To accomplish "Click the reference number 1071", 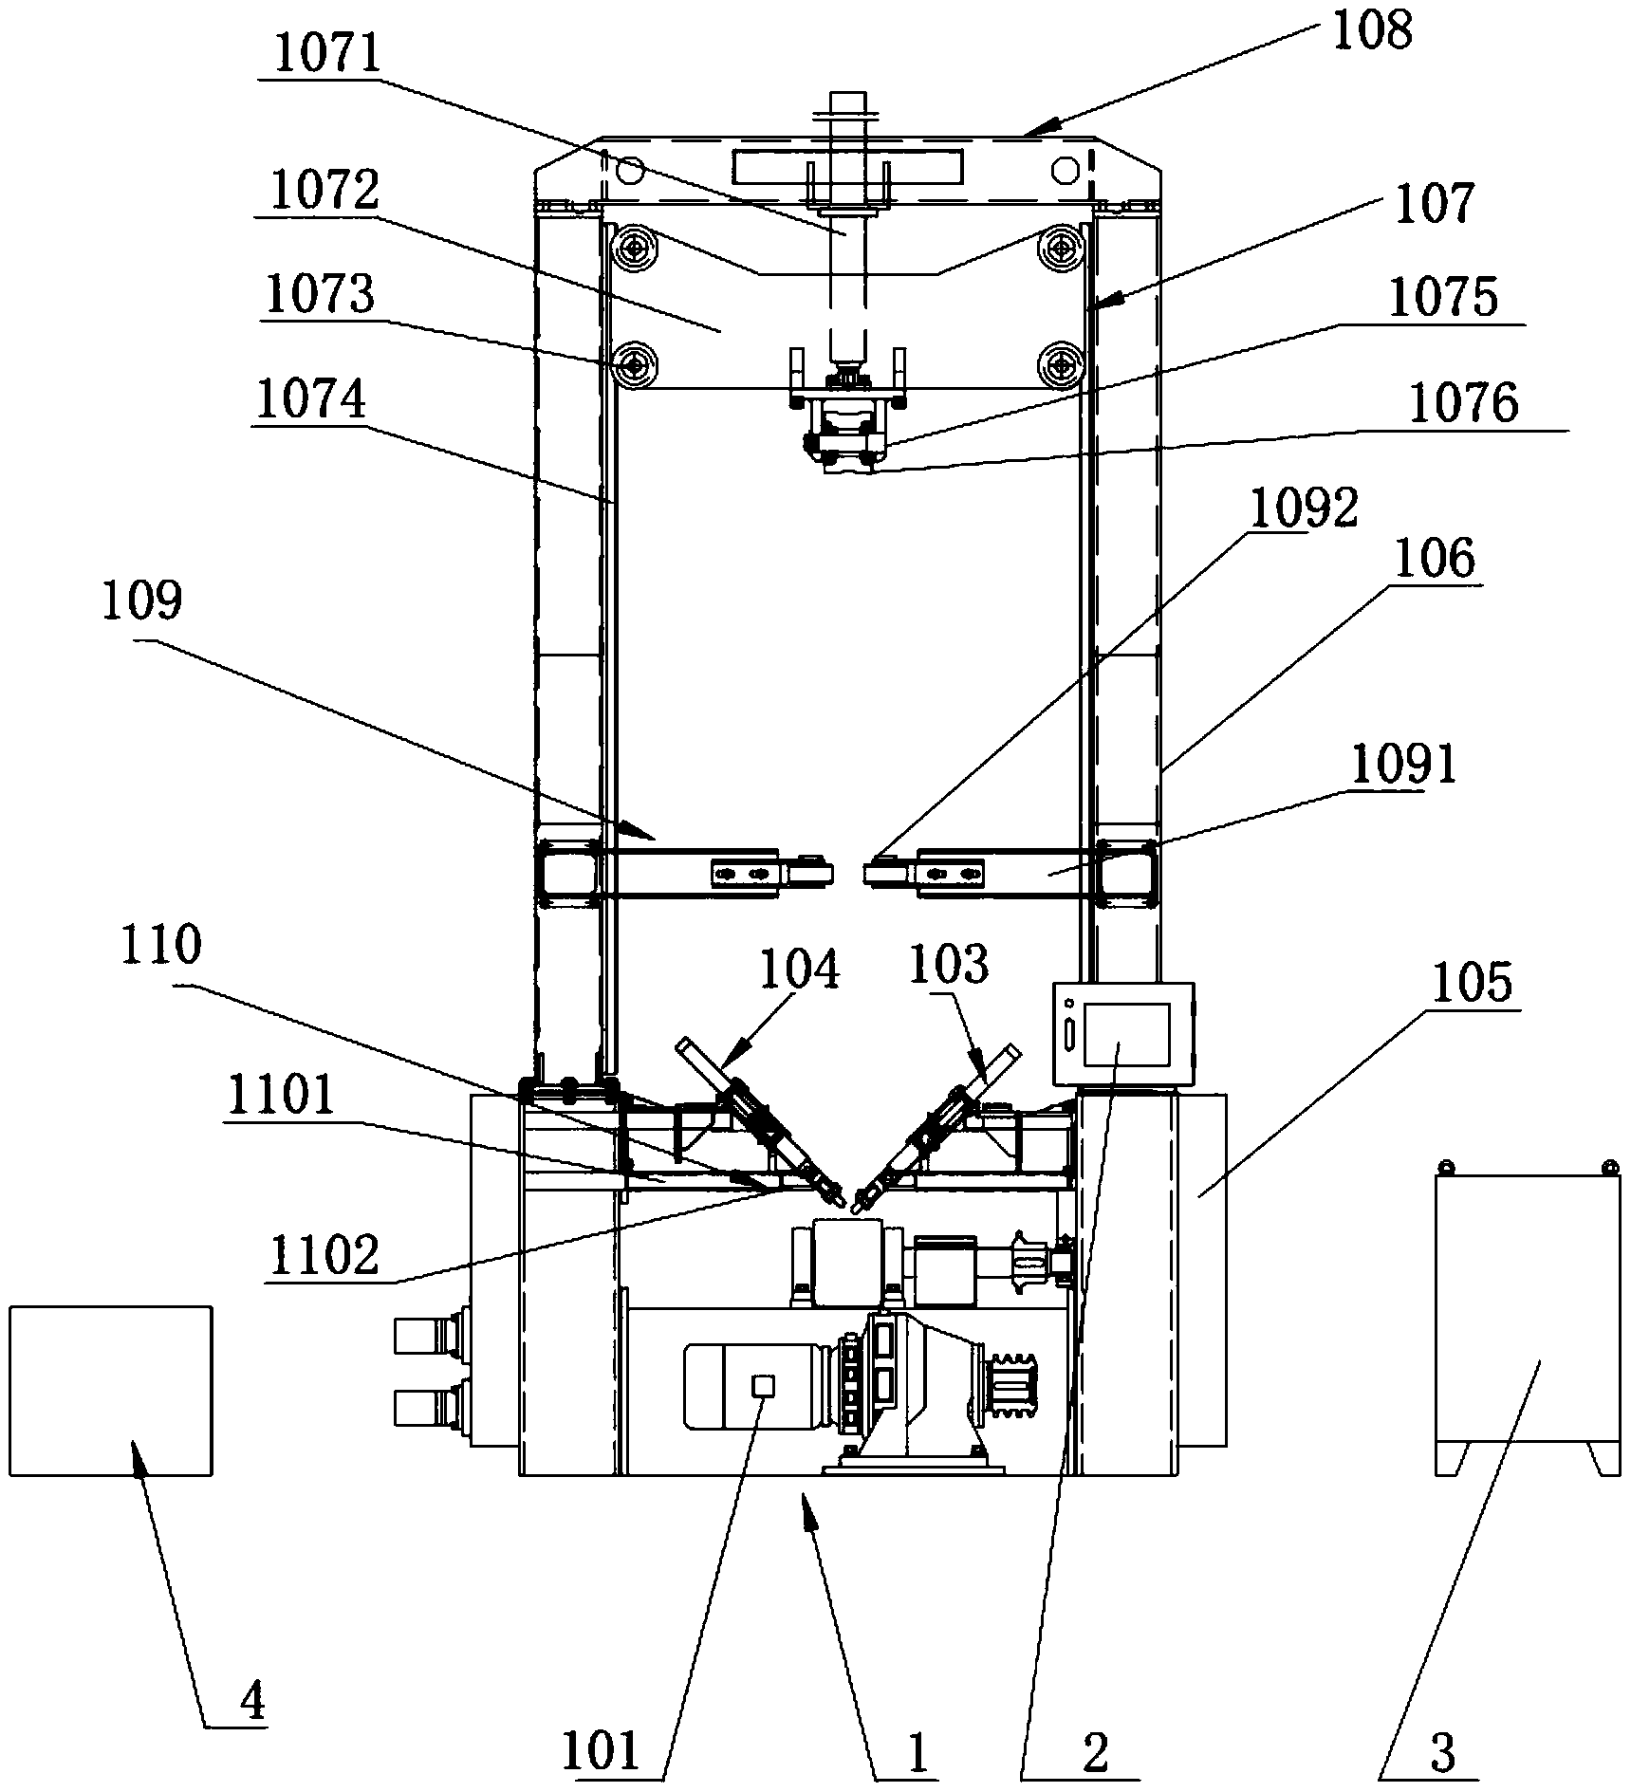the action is click(x=326, y=55).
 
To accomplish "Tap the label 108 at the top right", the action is click(x=1372, y=31).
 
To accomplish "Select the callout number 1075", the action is click(x=1443, y=298).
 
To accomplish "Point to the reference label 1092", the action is click(x=1304, y=509).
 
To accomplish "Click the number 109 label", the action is click(x=142, y=600).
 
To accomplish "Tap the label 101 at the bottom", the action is click(x=602, y=1750).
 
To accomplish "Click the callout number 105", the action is click(x=1473, y=983).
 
